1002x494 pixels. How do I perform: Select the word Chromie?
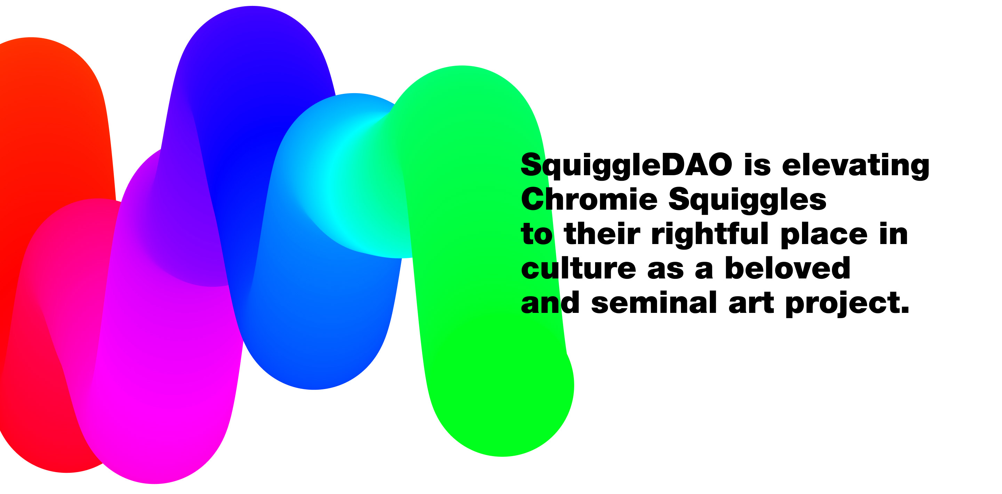tap(589, 199)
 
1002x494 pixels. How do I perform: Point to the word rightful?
tap(710, 234)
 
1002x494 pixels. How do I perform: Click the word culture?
tap(578, 268)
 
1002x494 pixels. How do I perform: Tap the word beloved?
tap(787, 268)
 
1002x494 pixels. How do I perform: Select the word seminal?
tap(654, 302)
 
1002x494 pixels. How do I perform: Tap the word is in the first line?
tap(757, 164)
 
